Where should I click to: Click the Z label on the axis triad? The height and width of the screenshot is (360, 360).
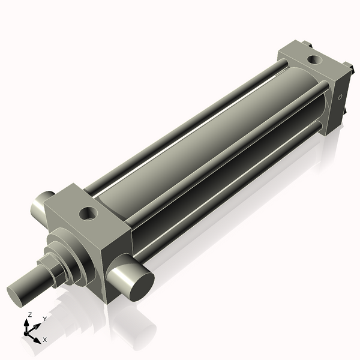point(30,315)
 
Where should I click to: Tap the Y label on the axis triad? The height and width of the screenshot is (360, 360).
point(44,319)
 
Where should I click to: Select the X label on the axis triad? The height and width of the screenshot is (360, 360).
point(45,340)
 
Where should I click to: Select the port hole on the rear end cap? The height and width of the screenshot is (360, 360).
point(313,59)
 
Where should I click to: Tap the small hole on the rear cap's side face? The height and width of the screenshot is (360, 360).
point(340,96)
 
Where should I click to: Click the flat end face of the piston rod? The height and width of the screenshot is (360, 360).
point(19,295)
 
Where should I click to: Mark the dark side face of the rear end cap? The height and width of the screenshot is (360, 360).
point(336,105)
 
